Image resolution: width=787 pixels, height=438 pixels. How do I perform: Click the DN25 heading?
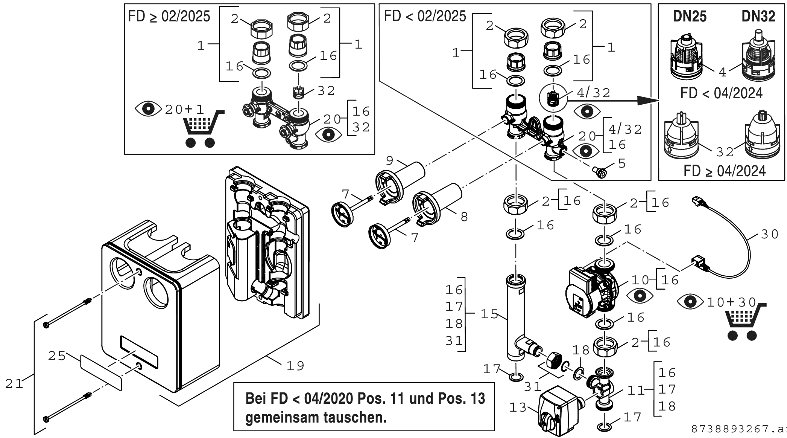click(690, 17)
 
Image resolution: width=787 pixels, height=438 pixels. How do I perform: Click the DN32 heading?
click(758, 17)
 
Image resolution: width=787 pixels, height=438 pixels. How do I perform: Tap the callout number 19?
click(295, 365)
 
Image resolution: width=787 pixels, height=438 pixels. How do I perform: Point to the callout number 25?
click(57, 356)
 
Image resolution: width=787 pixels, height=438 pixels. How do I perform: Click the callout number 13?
click(518, 407)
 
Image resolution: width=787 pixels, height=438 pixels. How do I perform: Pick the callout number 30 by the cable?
click(769, 234)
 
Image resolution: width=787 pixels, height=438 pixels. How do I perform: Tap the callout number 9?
click(390, 161)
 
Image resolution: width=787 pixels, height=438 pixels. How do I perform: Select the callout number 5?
click(621, 163)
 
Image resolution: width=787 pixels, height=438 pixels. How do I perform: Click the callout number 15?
click(489, 314)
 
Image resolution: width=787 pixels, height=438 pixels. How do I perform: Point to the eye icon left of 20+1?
click(149, 109)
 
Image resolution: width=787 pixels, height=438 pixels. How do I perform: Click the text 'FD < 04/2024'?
click(721, 93)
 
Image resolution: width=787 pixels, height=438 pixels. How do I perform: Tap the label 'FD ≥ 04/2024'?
click(724, 171)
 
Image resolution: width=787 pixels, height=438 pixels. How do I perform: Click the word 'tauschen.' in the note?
click(352, 417)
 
